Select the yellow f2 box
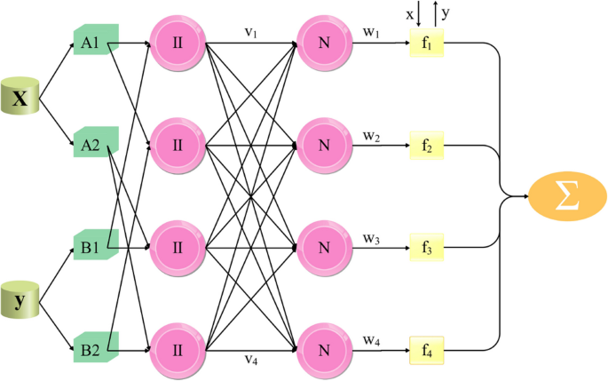pos(426,144)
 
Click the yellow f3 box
pos(426,245)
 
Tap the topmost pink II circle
pos(177,42)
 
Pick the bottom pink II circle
pos(177,346)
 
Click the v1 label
pos(252,31)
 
